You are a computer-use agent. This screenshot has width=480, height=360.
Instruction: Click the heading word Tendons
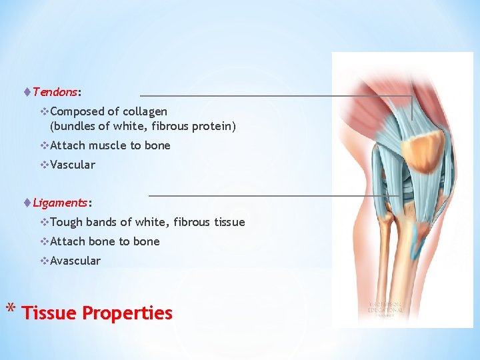tap(55, 91)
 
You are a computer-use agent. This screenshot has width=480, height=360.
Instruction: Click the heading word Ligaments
tap(60, 202)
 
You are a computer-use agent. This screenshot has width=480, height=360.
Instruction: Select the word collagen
tap(145, 111)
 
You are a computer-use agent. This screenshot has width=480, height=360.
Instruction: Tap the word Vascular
tap(72, 165)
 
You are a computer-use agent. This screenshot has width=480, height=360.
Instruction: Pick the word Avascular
tap(75, 261)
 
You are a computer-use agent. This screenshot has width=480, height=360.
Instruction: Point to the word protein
tap(214, 125)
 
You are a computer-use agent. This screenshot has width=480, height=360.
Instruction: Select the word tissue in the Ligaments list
tap(229, 222)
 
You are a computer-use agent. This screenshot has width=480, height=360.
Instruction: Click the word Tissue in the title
tap(49, 313)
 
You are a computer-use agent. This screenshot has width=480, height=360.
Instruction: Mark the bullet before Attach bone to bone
tap(44, 241)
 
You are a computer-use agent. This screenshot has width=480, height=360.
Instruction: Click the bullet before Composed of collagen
tap(44, 111)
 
